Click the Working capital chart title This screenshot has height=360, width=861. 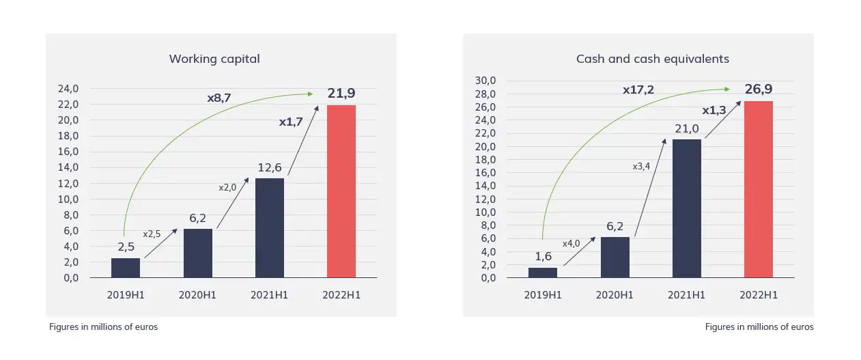click(214, 59)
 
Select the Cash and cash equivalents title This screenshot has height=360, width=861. click(652, 59)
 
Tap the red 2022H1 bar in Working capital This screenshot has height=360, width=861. click(341, 191)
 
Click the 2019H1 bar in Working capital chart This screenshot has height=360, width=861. click(126, 268)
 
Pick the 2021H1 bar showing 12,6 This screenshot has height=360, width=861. click(270, 228)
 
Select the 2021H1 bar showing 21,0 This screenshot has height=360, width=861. click(687, 208)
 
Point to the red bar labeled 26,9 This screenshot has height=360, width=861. click(759, 189)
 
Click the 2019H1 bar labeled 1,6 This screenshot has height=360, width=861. click(543, 273)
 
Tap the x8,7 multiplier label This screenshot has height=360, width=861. click(219, 98)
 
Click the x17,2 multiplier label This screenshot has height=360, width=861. click(638, 89)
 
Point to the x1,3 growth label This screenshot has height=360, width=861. click(714, 110)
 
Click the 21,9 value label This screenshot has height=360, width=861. click(341, 94)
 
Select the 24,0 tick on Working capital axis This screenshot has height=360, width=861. click(67, 89)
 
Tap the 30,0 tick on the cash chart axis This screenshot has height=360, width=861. click(484, 81)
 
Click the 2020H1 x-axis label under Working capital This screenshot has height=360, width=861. click(198, 295)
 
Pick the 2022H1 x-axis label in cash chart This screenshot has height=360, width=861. click(759, 295)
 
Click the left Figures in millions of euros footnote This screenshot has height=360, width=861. click(103, 327)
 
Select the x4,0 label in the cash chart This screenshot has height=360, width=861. click(571, 244)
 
